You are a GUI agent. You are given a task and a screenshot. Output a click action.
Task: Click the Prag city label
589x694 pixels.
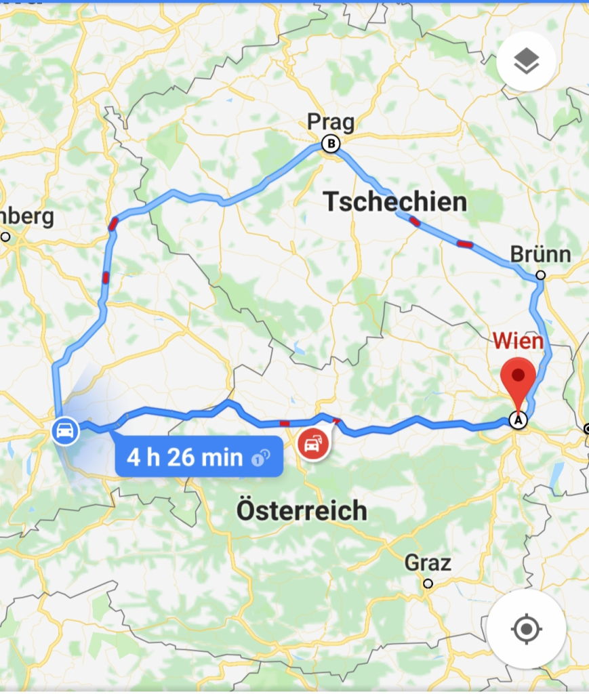[x=331, y=123]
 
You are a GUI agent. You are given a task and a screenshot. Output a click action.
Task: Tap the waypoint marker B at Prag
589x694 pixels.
[x=331, y=144]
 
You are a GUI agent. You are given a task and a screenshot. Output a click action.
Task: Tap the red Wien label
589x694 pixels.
[x=518, y=341]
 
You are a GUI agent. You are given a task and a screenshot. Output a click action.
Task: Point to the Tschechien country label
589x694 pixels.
[x=395, y=201]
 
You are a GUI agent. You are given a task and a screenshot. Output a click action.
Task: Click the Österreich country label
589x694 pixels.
[x=302, y=510]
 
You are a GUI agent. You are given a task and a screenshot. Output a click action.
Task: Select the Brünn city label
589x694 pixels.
[x=540, y=255]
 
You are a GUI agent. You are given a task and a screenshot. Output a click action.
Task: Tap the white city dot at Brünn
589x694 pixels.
[x=540, y=275]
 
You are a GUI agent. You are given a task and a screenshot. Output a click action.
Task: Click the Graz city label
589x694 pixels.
[x=428, y=563]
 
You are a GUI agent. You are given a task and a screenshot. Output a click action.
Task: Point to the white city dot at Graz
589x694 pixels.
[x=428, y=583]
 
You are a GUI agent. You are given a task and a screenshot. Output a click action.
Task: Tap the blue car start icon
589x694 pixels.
[x=64, y=431]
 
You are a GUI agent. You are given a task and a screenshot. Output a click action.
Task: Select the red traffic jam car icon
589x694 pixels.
[x=313, y=445]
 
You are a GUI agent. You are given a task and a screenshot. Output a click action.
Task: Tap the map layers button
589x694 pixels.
[x=526, y=62]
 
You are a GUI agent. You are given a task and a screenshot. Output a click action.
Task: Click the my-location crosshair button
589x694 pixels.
[x=526, y=629]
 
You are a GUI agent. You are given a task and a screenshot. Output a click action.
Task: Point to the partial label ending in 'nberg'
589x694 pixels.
[x=26, y=218]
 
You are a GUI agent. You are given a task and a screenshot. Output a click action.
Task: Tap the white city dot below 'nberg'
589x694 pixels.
[x=5, y=237]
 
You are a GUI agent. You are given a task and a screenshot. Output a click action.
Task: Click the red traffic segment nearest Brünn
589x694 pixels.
[x=464, y=244]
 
